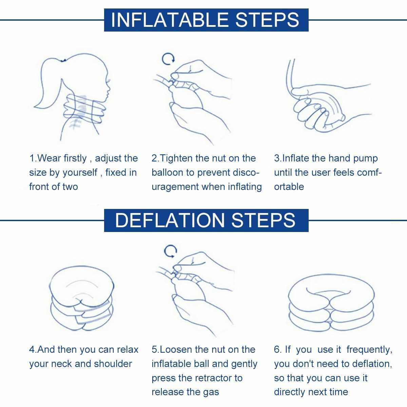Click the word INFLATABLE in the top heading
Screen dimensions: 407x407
[x=170, y=20]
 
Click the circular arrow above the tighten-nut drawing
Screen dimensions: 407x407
[x=168, y=59]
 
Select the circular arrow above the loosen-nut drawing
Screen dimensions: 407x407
[x=170, y=251]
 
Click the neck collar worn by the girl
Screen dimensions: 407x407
[x=84, y=109]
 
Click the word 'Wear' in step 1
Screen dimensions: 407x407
[x=49, y=158]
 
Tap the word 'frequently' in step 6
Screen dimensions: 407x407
[x=369, y=350]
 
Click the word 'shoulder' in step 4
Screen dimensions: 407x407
[x=113, y=364]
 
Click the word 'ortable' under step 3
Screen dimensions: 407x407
[x=289, y=187]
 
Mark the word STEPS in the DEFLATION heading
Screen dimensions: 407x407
[x=264, y=220]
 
